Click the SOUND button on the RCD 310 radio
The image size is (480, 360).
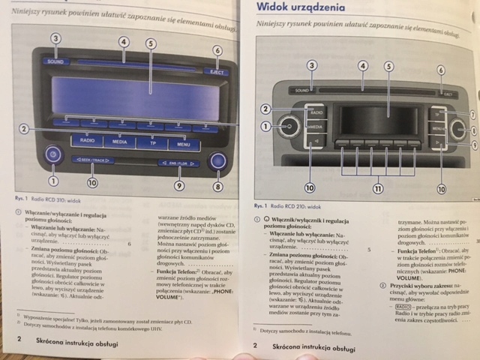click(55, 61)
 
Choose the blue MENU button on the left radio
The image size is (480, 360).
click(183, 140)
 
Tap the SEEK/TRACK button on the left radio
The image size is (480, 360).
click(94, 160)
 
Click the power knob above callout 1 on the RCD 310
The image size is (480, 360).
click(52, 155)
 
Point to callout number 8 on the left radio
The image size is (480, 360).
click(217, 185)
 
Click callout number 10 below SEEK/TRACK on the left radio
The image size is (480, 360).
click(92, 183)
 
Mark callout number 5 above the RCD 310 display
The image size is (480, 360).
click(151, 43)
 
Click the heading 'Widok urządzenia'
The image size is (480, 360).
click(301, 9)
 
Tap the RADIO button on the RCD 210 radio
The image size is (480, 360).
click(316, 112)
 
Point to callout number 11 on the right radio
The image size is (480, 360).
click(377, 188)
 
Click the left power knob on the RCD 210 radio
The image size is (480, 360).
click(287, 126)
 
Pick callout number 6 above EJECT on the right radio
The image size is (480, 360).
click(441, 70)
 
